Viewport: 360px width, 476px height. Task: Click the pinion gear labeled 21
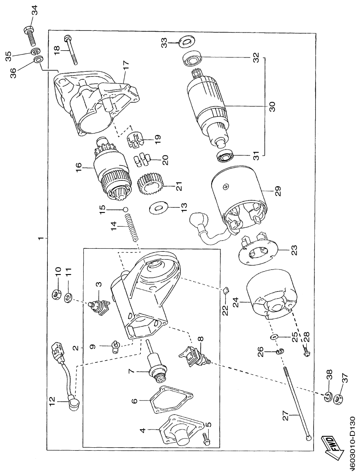(x=149, y=186)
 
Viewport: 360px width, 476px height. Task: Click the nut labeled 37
(x=338, y=399)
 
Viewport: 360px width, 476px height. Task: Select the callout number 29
(x=272, y=191)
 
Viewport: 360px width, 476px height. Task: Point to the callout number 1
(x=41, y=239)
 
